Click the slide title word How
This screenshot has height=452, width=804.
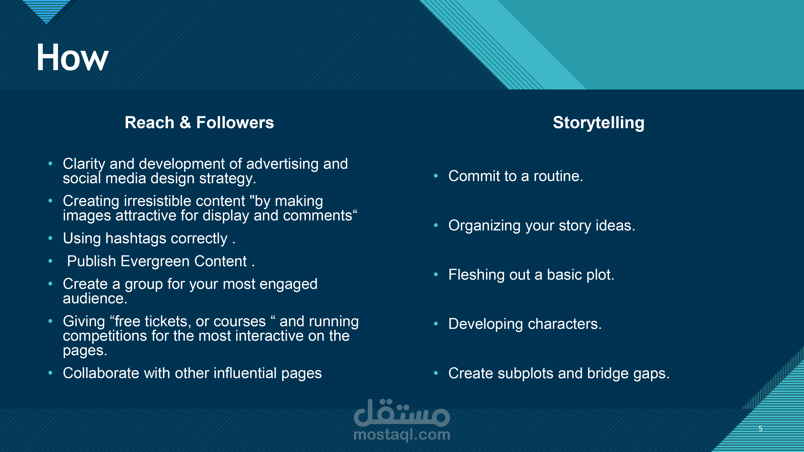72,57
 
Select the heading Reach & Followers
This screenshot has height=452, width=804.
199,122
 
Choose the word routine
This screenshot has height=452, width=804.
558,176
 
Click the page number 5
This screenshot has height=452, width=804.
761,429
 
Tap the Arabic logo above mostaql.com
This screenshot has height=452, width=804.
402,412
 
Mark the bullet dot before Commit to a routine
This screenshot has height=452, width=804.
436,176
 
